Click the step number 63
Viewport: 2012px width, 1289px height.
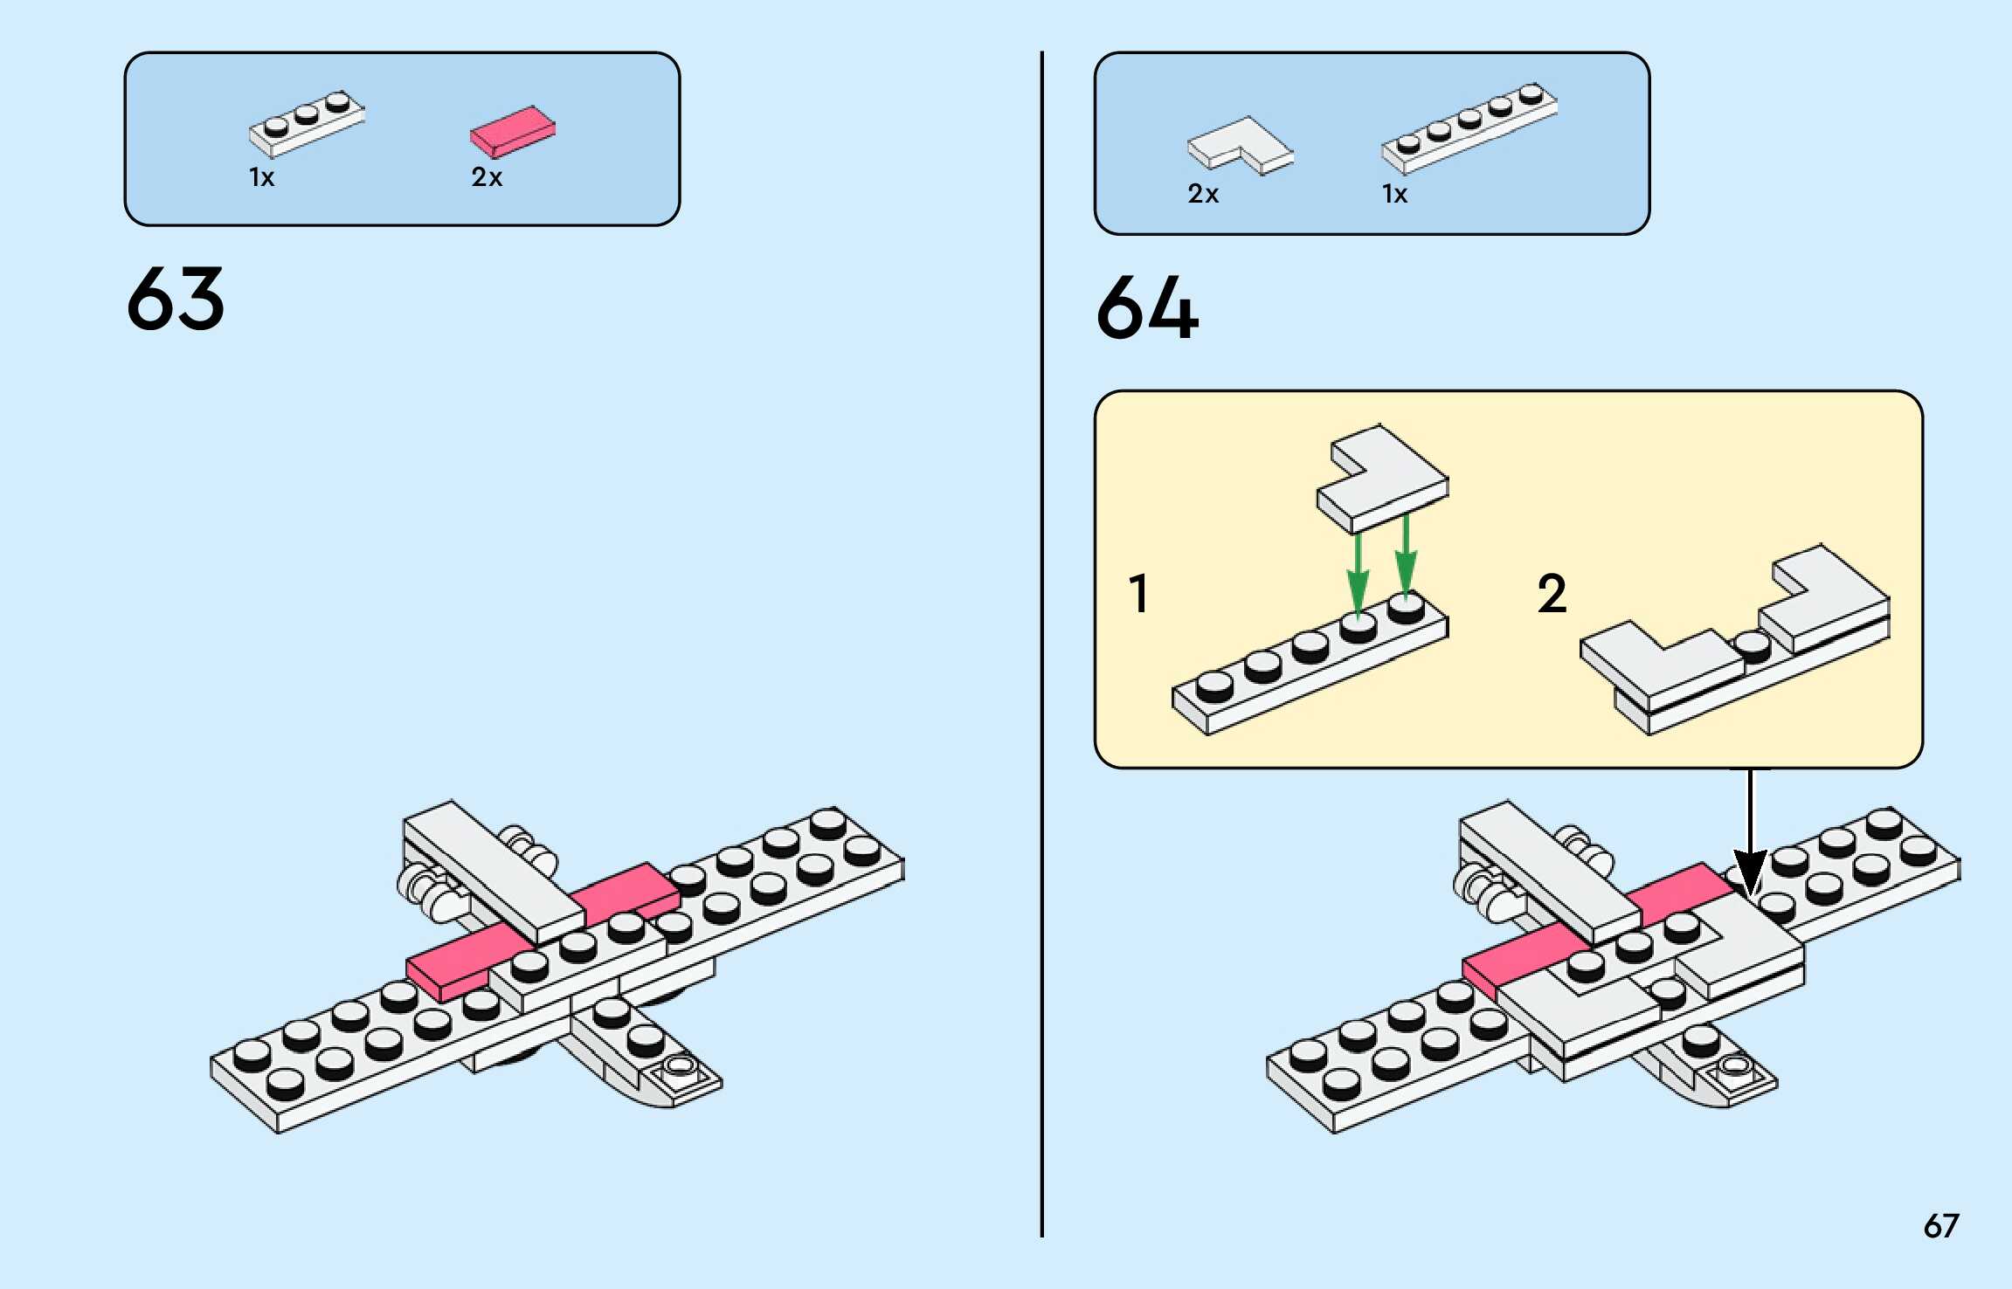coord(176,300)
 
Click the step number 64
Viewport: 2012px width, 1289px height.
coord(1147,307)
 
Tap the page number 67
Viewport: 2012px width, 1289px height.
coord(1940,1226)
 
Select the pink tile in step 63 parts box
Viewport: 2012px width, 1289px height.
coord(513,131)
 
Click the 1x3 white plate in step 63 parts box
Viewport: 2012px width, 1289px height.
coord(307,125)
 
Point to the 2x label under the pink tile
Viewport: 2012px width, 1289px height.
coord(487,177)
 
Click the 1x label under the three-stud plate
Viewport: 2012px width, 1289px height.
coord(261,177)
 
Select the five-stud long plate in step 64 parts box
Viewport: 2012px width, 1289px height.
coord(1469,128)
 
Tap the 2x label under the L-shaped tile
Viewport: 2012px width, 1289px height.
coord(1203,194)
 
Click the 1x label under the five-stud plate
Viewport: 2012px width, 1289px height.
coord(1394,194)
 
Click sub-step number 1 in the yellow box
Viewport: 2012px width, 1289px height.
coord(1138,594)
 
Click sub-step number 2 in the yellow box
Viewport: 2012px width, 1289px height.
coord(1552,594)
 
